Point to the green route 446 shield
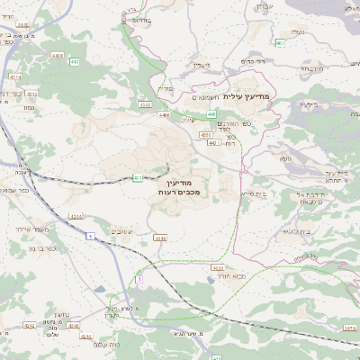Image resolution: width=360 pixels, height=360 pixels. point(211,114)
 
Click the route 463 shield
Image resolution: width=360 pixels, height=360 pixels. point(281,42)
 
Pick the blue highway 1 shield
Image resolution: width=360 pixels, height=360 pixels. point(91,236)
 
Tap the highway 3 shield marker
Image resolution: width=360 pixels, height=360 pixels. point(139,281)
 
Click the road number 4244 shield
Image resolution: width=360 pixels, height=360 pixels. point(76,217)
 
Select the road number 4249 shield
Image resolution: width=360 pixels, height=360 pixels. point(160,238)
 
